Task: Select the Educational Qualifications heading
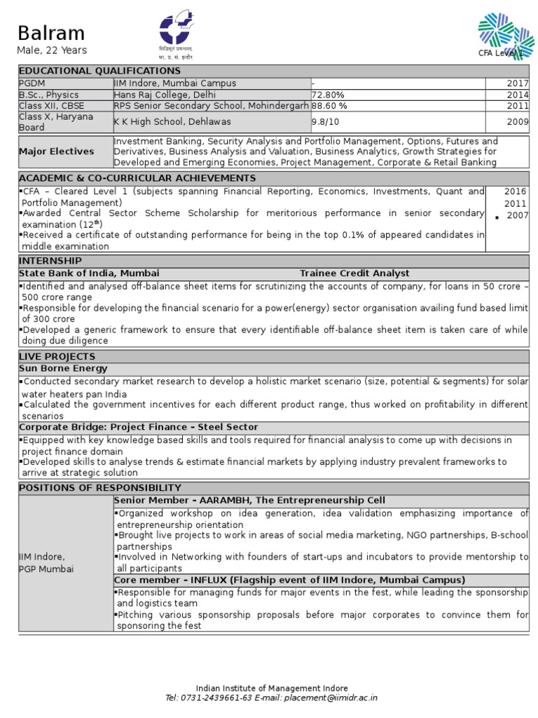(99, 71)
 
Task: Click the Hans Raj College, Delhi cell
(165, 95)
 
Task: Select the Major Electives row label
(56, 151)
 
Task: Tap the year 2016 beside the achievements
(516, 191)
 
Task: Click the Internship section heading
(50, 261)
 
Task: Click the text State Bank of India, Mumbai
(89, 273)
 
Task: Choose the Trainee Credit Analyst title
(354, 273)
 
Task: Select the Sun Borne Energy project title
(63, 368)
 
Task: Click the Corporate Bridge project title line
(138, 427)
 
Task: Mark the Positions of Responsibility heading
(99, 487)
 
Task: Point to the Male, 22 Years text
(52, 50)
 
